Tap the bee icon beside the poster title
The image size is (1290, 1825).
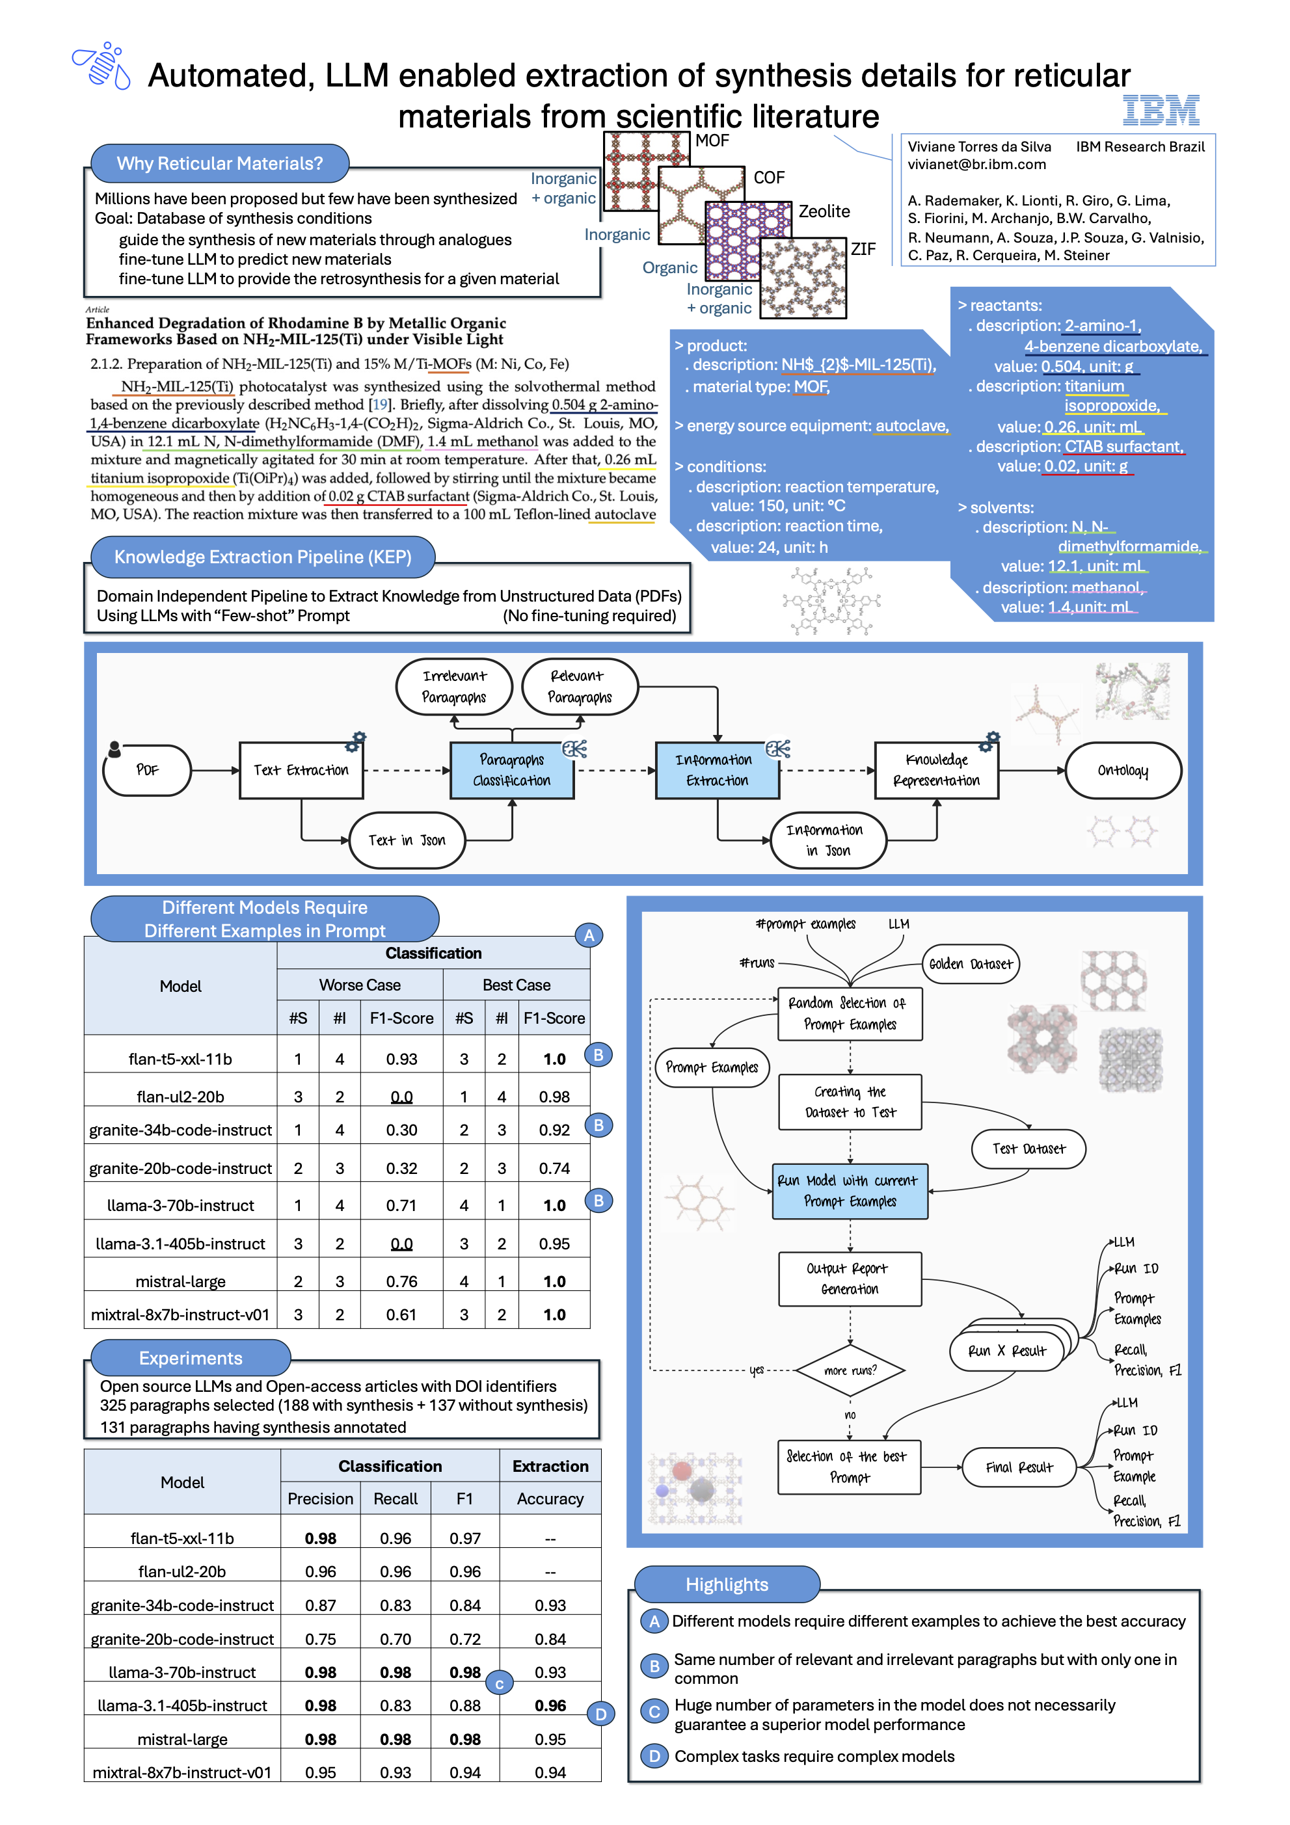(x=101, y=67)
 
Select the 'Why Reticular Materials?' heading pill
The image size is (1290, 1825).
(x=219, y=163)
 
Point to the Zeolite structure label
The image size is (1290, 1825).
(x=824, y=211)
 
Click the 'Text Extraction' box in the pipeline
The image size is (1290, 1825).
(x=301, y=769)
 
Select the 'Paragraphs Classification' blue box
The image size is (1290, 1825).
(x=511, y=769)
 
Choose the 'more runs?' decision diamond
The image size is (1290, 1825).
(x=850, y=1370)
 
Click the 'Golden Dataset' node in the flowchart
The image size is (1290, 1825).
(x=970, y=963)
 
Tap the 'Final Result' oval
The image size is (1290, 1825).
(x=1018, y=1467)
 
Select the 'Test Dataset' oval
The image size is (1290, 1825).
(x=1028, y=1148)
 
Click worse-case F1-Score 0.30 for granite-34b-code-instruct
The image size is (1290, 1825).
(x=401, y=1130)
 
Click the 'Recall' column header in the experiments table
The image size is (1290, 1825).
(x=395, y=1499)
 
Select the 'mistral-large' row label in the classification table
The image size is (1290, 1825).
(x=180, y=1281)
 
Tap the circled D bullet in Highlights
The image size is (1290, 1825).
(x=654, y=1756)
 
